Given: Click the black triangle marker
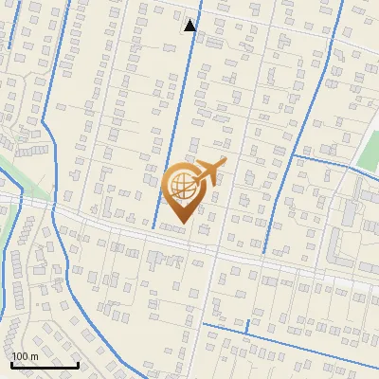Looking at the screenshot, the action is pos(190,25).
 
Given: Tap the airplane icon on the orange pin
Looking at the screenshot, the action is pos(208,171).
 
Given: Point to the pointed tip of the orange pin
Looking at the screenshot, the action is pos(181,223).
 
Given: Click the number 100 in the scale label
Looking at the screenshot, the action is pos(20,356).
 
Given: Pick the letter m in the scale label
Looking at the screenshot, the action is pos(33,356).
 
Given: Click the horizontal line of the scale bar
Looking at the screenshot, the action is pos(45,365).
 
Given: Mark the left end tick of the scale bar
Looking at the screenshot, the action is pos(11,363).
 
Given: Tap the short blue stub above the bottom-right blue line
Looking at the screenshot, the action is pos(247,325).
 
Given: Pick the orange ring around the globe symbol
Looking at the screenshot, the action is pos(166,185).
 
